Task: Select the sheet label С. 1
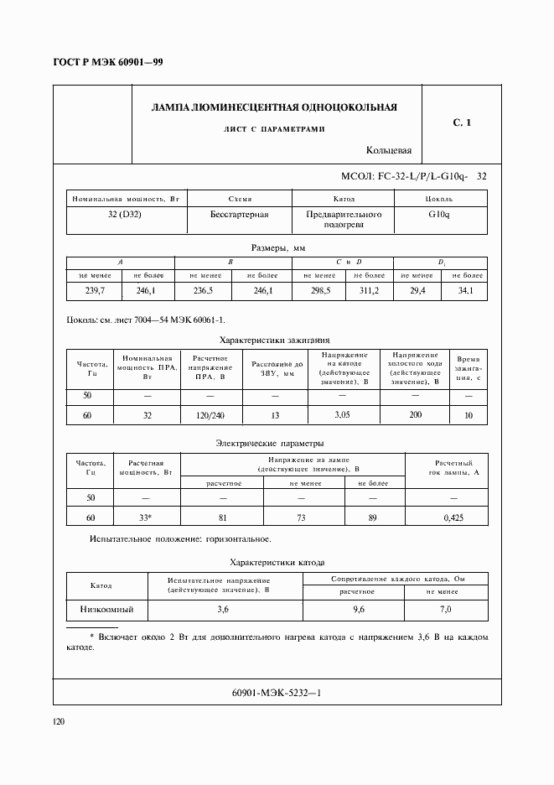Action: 462,123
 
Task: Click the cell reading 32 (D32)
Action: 127,215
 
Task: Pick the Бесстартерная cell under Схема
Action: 240,215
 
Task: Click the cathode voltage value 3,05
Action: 341,415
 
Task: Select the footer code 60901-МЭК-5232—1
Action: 277,693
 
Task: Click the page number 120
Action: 60,721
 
